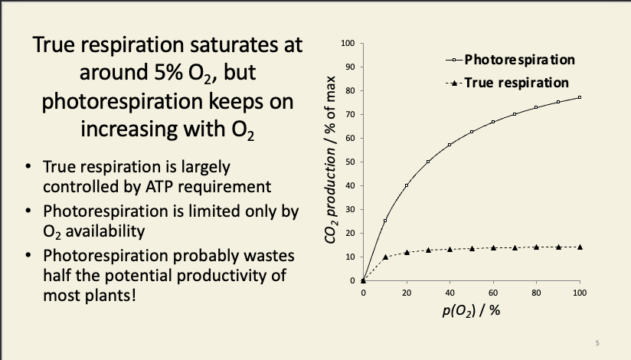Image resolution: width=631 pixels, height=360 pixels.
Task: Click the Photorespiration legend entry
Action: [x=519, y=59]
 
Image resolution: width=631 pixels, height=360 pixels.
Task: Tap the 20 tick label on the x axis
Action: [x=407, y=293]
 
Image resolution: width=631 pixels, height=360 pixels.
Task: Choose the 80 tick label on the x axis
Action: [x=537, y=293]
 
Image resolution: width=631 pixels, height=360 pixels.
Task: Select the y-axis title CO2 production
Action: [x=332, y=161]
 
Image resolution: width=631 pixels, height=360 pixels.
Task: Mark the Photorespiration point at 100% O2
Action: [x=580, y=97]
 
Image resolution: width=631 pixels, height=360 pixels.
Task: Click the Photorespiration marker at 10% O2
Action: [x=385, y=221]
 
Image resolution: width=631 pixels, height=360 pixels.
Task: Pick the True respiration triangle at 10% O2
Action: [x=385, y=257]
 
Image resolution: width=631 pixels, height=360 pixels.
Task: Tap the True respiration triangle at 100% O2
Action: [x=580, y=247]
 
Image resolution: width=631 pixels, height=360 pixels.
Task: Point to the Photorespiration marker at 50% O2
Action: [x=472, y=132]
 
